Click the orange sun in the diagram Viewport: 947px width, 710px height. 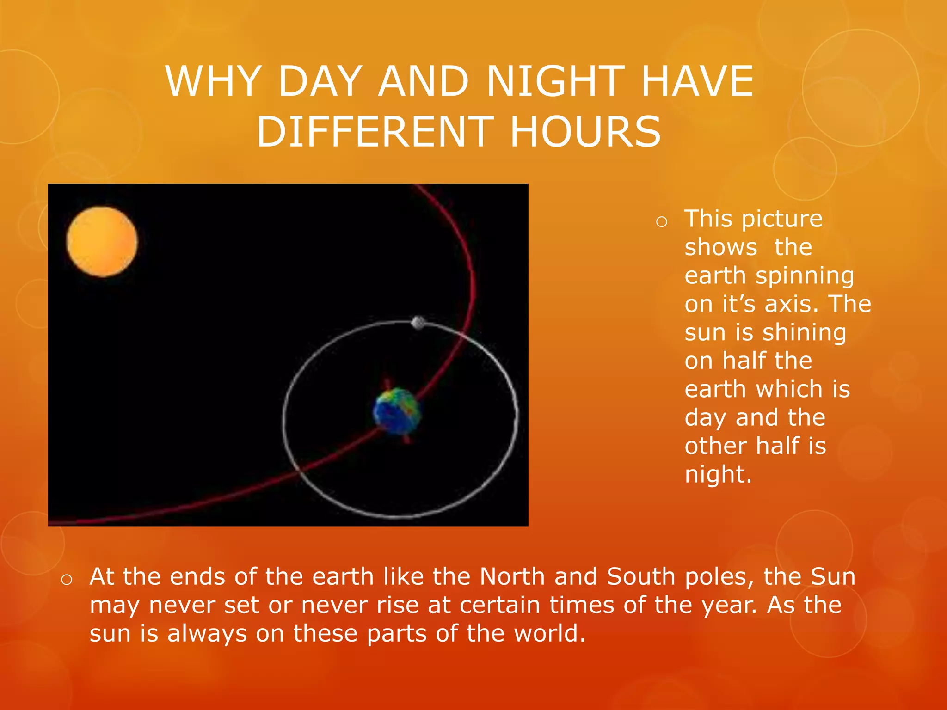click(102, 242)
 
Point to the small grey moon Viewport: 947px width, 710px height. click(418, 322)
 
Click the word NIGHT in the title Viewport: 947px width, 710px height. click(555, 81)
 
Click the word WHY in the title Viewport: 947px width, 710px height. click(213, 81)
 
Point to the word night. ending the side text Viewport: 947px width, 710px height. click(718, 475)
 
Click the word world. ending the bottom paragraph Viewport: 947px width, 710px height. click(550, 633)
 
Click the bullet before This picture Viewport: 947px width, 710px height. click(662, 222)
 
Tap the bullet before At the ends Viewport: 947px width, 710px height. click(67, 580)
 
